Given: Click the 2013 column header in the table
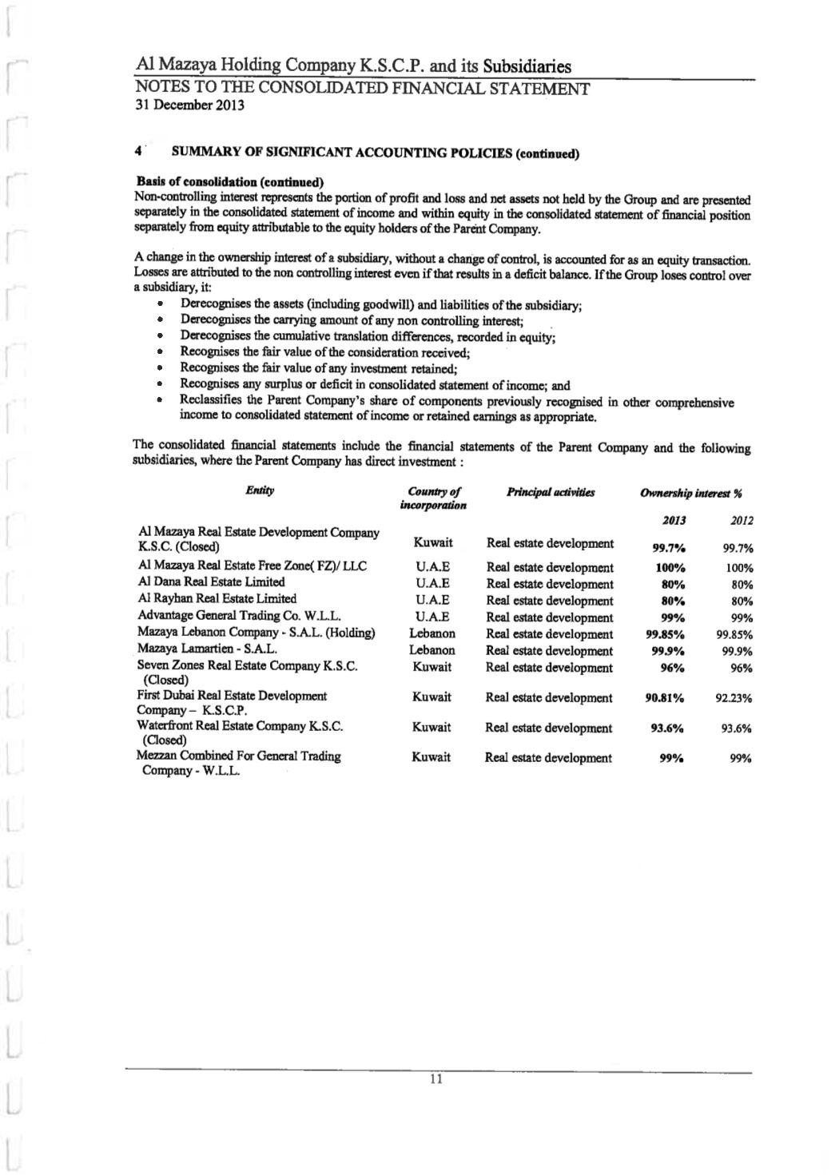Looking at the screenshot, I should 674,520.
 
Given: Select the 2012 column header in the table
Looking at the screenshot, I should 742,521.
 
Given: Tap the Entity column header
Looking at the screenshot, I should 260,490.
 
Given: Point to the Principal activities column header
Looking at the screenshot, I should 551,492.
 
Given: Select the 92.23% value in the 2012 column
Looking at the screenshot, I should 734,698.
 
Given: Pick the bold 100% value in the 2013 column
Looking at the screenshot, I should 668,568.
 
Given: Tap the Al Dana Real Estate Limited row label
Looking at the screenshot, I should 211,582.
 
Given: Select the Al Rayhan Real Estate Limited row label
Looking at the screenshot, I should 217,598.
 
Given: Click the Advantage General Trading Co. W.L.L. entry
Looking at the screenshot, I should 240,615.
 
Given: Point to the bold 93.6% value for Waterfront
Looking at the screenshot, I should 665,728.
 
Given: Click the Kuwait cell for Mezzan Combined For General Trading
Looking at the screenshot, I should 432,756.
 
